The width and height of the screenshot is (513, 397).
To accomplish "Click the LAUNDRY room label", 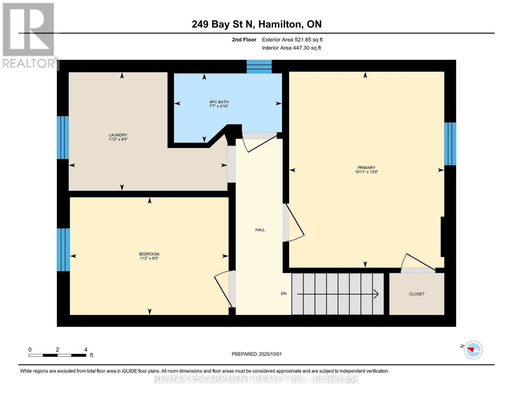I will [118, 135].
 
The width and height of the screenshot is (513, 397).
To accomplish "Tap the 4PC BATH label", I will [219, 102].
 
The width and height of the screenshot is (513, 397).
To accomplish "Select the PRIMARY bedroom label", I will [366, 167].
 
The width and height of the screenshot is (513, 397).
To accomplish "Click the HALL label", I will [260, 230].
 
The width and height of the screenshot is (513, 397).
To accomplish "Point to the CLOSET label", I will [417, 294].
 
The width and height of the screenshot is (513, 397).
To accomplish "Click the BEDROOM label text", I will [149, 254].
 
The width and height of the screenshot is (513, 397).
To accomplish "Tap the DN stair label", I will [283, 293].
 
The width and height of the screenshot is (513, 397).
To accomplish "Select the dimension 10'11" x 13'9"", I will [366, 172].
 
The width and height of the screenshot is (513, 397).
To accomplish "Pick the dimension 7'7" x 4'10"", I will [219, 107].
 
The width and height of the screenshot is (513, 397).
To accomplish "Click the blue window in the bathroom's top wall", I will [259, 66].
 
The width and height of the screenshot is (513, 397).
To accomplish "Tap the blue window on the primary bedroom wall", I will [450, 144].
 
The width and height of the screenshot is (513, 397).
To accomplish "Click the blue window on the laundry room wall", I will [63, 137].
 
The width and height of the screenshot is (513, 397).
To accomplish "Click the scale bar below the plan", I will [57, 355].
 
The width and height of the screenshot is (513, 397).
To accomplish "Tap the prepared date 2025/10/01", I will [256, 354].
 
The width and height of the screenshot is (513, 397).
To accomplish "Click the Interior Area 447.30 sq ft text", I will [291, 48].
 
